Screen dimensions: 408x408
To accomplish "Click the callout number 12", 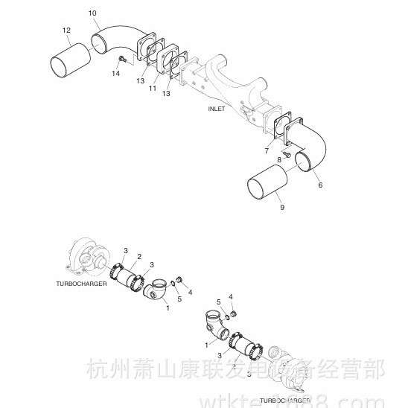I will [x=66, y=30].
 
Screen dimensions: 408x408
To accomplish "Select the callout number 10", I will [x=92, y=13].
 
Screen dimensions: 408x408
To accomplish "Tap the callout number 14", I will [x=116, y=73].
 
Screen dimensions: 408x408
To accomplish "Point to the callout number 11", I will [x=152, y=89].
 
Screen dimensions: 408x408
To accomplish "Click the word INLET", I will [x=217, y=109].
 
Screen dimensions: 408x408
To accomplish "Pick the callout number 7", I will [x=266, y=150].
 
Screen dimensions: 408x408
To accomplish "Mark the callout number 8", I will [x=279, y=159].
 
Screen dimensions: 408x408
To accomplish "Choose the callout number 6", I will [x=321, y=185].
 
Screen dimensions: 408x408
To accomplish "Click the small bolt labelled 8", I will [x=286, y=153].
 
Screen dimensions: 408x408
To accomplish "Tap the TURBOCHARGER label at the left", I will [x=83, y=284].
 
